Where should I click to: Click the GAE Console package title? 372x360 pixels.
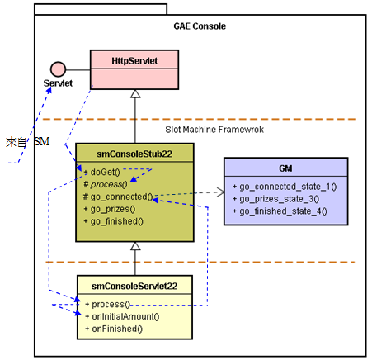pos(200,26)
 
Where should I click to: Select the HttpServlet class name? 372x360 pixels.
pos(134,60)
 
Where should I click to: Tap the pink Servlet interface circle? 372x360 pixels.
pos(58,69)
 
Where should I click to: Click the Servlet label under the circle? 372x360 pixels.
pos(58,83)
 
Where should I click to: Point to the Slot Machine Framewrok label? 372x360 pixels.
pos(214,130)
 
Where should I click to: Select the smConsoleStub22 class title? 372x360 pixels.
pos(134,154)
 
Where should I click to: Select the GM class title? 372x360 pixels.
pos(285,168)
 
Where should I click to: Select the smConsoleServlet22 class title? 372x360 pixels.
pos(134,286)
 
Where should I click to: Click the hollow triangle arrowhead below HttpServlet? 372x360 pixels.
pos(135,93)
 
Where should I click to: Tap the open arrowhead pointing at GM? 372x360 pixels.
pos(221,192)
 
